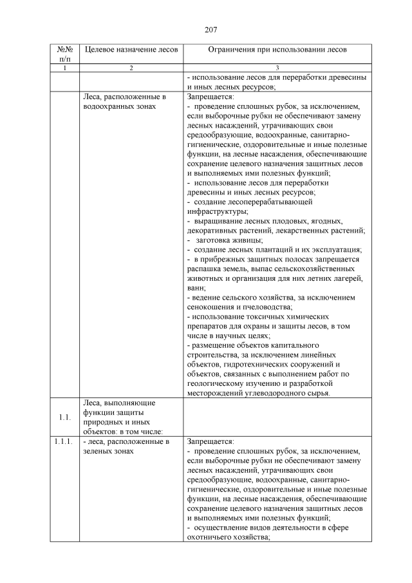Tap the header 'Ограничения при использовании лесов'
tap(277, 50)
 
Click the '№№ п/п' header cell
tap(64, 54)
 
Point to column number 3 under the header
tap(277, 68)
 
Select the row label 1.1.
tap(64, 417)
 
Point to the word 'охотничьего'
tap(211, 537)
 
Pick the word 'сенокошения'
tap(212, 307)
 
